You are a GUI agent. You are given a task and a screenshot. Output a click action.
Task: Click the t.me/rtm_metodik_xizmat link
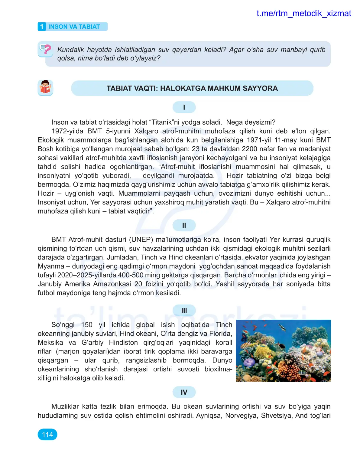(303, 14)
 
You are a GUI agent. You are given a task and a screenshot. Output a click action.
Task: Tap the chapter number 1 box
(42, 27)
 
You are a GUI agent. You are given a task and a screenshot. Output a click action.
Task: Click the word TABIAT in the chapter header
(89, 27)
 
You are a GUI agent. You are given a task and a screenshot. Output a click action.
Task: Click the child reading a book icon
(45, 88)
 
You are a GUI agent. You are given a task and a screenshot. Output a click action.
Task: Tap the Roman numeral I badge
(184, 107)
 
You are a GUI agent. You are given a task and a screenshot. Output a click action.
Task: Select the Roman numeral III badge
(184, 311)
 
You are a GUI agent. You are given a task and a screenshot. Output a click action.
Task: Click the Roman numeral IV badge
(184, 392)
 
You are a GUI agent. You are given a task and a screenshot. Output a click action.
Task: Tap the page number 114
(47, 435)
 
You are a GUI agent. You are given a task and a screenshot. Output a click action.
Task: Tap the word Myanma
(51, 266)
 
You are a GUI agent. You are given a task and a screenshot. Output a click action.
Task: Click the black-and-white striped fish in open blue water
(282, 328)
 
